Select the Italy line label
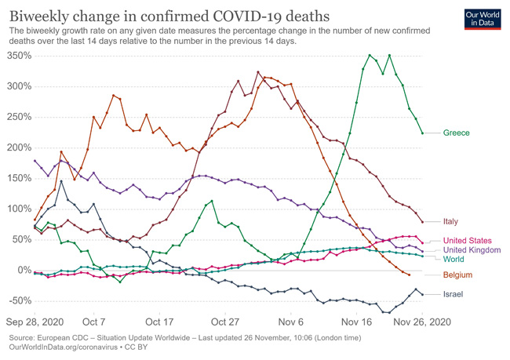coord(451,222)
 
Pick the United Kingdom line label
coord(472,250)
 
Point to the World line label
coord(454,259)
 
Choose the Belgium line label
coord(457,275)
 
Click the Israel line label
coord(453,294)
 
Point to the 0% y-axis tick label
coord(24,271)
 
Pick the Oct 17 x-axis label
coord(159,321)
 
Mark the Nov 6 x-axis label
coord(290,321)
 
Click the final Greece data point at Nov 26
coord(423,133)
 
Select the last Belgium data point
coord(410,275)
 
